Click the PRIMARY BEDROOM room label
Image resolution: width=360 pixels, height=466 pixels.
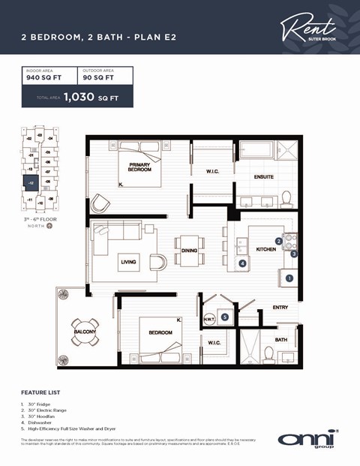tap(140, 167)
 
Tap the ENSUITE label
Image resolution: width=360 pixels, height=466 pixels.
tap(263, 177)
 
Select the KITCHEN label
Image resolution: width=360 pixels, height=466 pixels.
tap(266, 248)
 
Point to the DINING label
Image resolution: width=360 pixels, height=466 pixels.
tap(190, 251)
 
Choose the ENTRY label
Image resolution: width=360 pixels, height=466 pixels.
tap(280, 308)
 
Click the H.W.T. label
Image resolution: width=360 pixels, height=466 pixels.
tap(209, 318)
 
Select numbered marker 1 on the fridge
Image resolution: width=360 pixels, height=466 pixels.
tap(290, 278)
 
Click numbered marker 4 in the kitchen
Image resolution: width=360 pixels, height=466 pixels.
tap(242, 263)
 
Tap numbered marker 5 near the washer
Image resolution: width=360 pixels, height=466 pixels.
tap(225, 317)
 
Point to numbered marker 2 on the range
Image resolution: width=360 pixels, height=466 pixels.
tap(278, 241)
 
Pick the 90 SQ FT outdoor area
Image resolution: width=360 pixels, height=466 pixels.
tap(98, 77)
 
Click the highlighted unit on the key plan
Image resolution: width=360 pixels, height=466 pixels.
tap(31, 182)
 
